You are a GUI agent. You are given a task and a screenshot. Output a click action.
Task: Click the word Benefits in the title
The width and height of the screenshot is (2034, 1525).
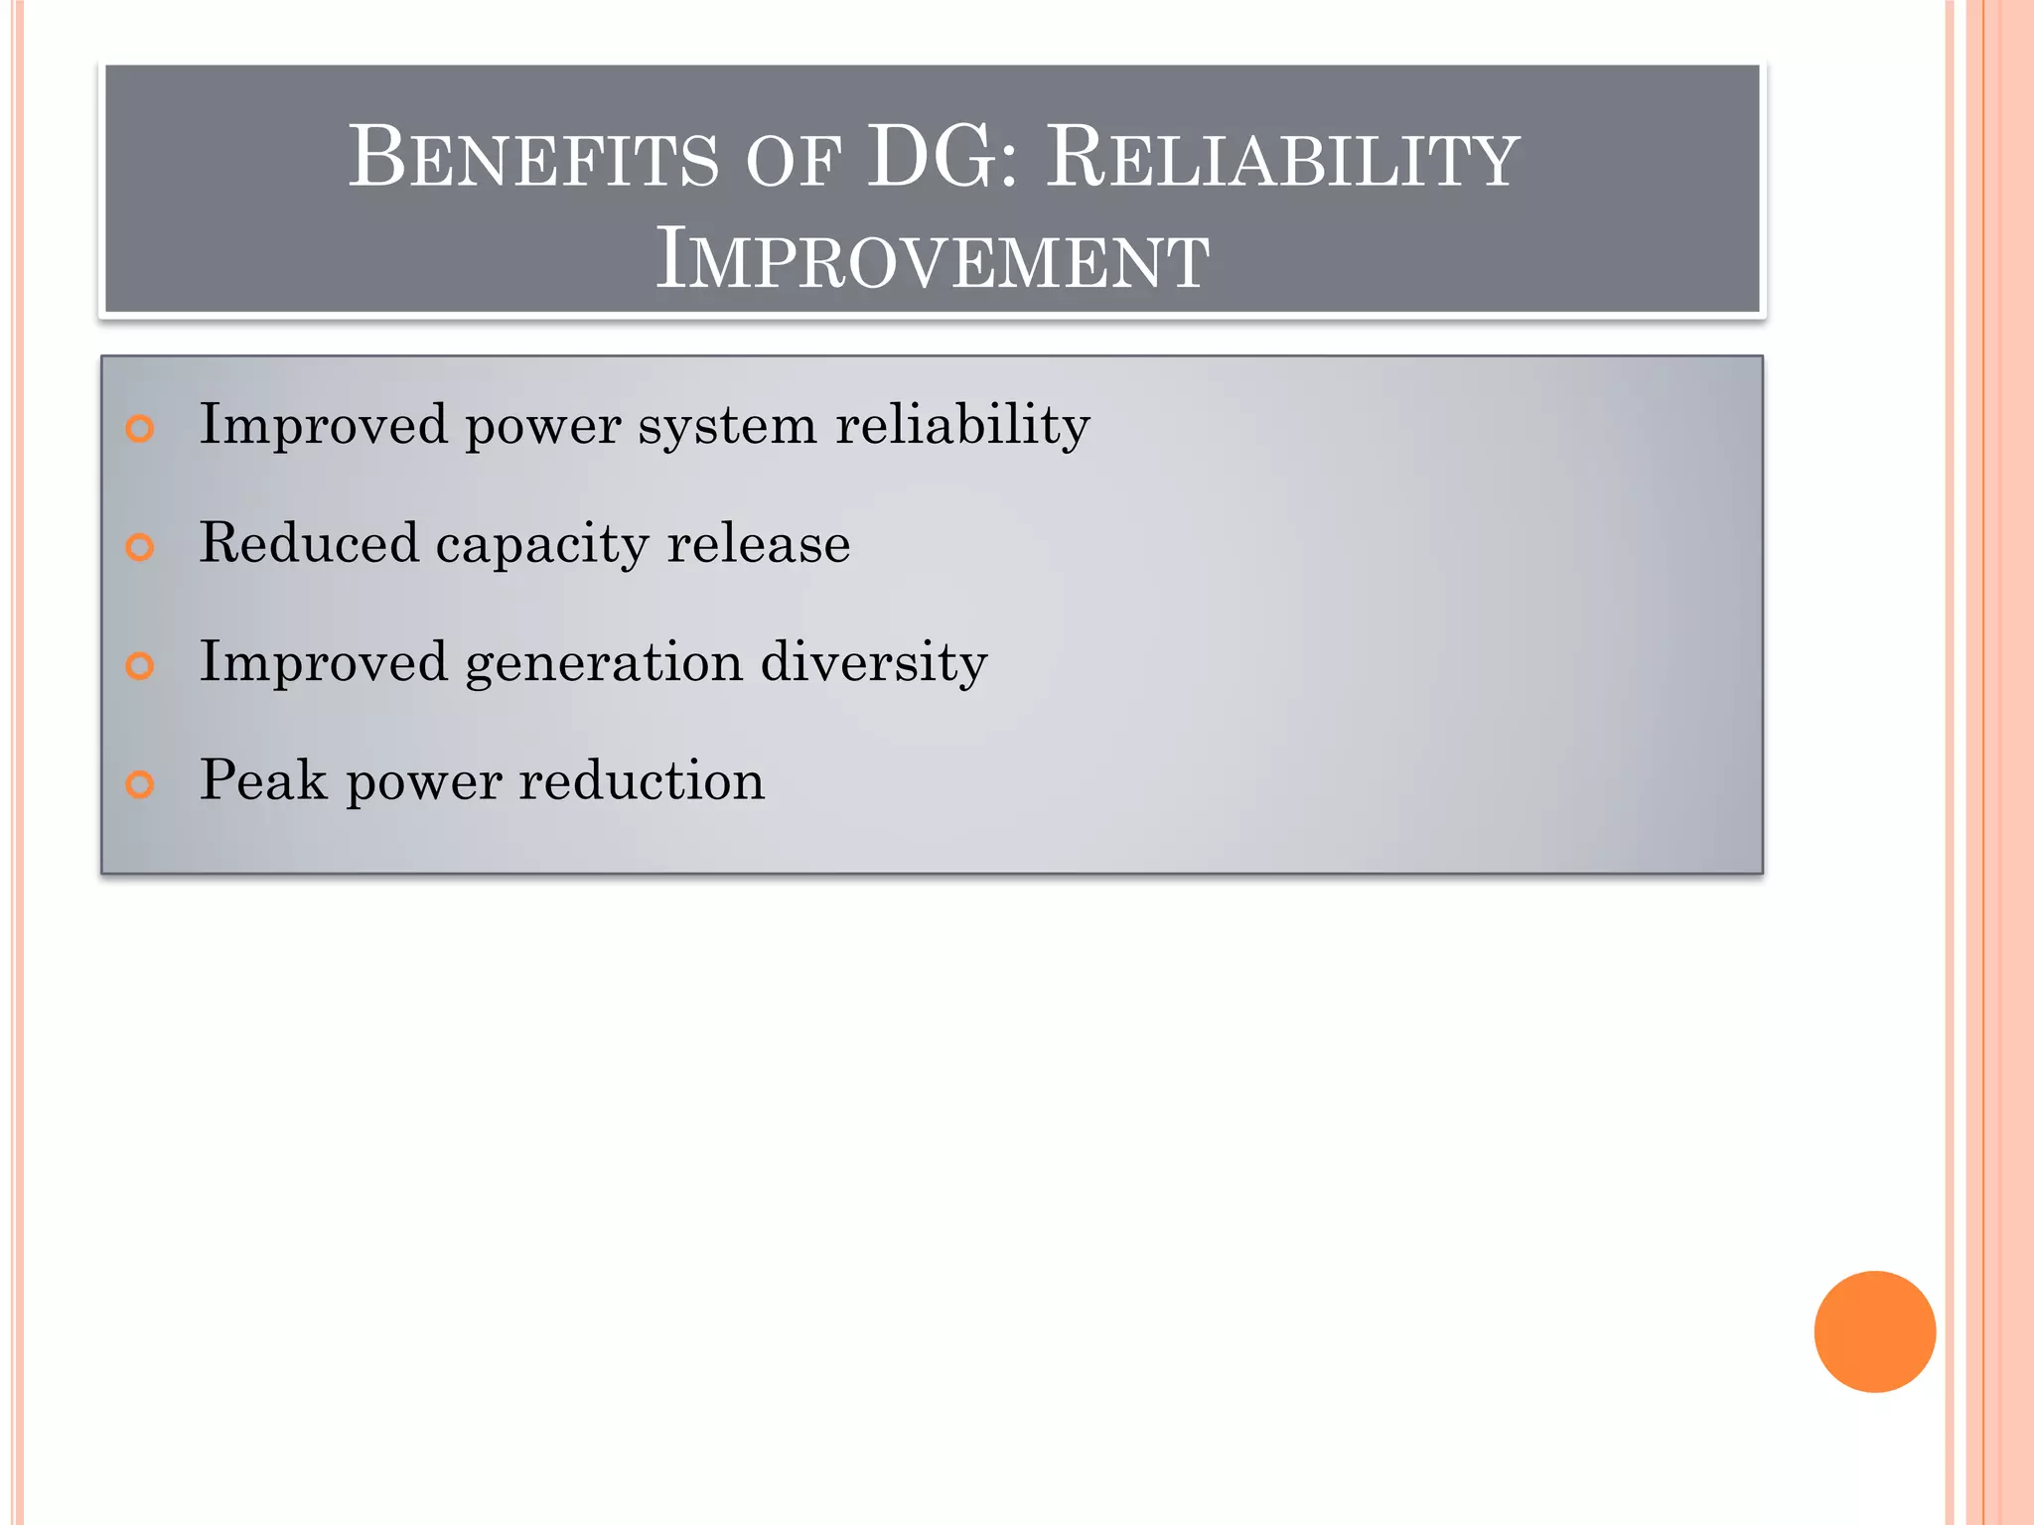(533, 158)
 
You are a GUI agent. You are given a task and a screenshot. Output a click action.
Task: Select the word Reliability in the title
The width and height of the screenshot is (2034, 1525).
(1282, 158)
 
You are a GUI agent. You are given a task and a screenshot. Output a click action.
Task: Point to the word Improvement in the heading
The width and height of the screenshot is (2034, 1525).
(933, 259)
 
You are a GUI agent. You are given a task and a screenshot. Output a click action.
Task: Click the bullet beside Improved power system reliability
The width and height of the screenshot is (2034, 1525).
(140, 429)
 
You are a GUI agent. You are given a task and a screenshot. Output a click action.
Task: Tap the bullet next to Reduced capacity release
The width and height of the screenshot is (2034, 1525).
(140, 547)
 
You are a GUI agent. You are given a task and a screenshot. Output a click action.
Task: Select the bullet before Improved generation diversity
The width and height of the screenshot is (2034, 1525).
(140, 666)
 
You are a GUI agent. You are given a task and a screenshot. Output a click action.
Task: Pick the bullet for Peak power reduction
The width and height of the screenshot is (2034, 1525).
(140, 784)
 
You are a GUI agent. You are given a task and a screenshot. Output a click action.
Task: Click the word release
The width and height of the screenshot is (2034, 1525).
(759, 544)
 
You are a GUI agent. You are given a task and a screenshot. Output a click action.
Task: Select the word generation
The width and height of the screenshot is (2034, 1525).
(604, 664)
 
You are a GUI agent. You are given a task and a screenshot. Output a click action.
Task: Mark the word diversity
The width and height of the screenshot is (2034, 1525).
(874, 662)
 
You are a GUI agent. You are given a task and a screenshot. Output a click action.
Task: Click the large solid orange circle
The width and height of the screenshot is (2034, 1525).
(1874, 1331)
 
